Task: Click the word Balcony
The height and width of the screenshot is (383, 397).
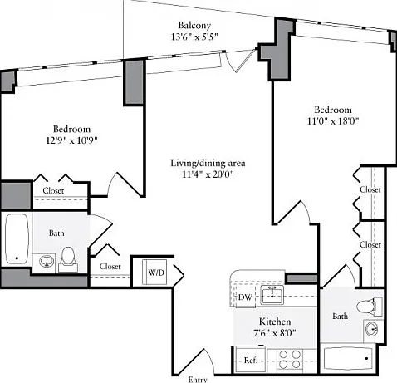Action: tap(194, 26)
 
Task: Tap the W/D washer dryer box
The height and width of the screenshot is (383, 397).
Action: tap(154, 272)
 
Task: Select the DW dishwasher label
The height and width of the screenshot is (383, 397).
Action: tap(245, 297)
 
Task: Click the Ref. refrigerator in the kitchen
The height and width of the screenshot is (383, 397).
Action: tap(251, 360)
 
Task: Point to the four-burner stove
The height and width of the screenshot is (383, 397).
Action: tap(290, 360)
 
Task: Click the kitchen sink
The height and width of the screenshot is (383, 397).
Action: tap(272, 294)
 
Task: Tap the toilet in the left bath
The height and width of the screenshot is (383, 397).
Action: tap(68, 259)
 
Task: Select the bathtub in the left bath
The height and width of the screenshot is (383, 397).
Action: tap(17, 238)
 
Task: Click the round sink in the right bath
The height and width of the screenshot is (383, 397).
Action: tap(371, 330)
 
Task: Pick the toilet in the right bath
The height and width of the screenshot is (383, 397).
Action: tap(369, 307)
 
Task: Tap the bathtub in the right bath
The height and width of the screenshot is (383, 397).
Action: tap(348, 359)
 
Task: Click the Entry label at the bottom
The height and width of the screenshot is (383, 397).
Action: tap(198, 380)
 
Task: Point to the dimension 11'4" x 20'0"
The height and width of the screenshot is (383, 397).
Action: tap(208, 174)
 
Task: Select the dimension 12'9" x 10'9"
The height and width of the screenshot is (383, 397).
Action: tap(72, 140)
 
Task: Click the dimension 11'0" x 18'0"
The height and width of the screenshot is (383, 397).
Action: tap(333, 121)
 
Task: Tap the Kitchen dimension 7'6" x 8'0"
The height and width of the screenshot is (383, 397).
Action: tap(275, 332)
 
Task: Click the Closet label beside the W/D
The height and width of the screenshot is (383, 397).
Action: tap(110, 267)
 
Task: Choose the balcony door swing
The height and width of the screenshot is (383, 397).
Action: tap(239, 61)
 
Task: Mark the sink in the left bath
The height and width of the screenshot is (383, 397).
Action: tap(47, 261)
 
